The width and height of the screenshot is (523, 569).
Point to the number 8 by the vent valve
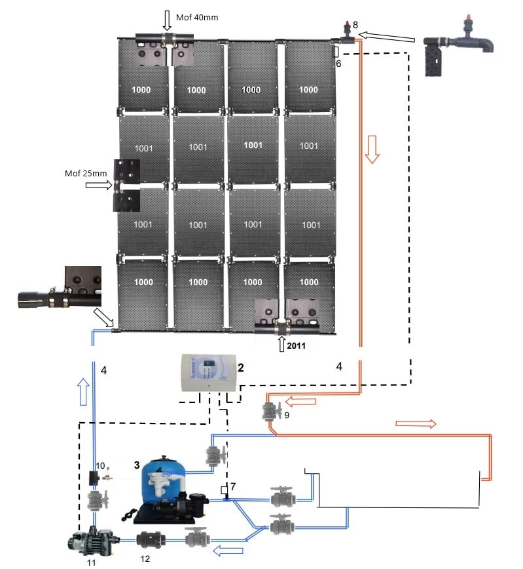coord(355,25)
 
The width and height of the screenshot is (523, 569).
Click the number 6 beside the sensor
coord(338,64)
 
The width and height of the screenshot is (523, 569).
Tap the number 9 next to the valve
coord(286,415)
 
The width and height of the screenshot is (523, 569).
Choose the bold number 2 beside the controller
coord(241,368)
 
